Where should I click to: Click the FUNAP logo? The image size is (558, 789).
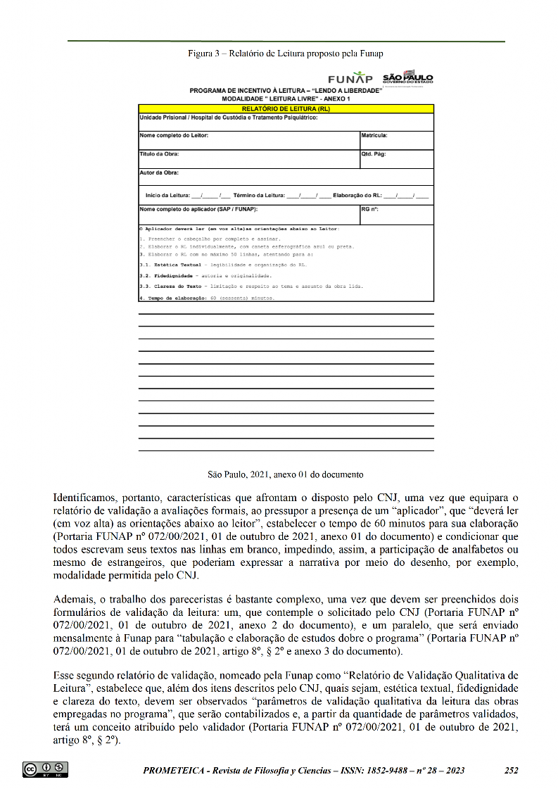350,78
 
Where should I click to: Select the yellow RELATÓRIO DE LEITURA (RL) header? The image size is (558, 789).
286,109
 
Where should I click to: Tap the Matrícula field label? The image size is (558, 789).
374,135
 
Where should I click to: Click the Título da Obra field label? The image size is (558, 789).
159,153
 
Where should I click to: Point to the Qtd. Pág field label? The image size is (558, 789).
374,153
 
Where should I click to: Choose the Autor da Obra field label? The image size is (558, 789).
159,172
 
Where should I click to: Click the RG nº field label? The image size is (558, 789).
370,209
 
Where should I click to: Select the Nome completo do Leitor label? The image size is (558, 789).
174,135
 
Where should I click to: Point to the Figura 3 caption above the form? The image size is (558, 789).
285,53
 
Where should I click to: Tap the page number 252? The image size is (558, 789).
512,770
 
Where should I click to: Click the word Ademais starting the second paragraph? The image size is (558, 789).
74,599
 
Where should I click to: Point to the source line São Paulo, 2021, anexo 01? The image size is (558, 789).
285,474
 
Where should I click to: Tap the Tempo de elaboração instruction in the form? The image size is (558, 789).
174,298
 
